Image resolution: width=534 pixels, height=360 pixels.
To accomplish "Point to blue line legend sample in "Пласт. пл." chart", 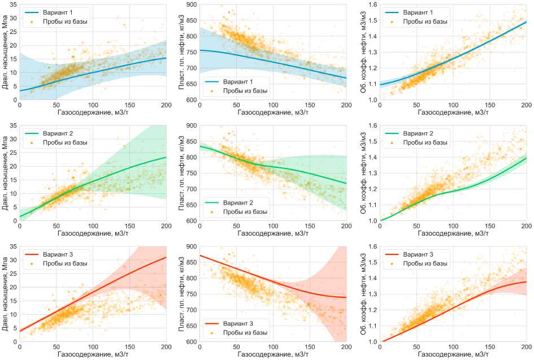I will [x=212, y=81].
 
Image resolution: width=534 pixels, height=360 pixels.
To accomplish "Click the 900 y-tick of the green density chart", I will [x=190, y=125].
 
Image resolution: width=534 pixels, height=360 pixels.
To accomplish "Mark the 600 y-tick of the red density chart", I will [x=190, y=342].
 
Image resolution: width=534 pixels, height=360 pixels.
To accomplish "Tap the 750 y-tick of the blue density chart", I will [x=190, y=52].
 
